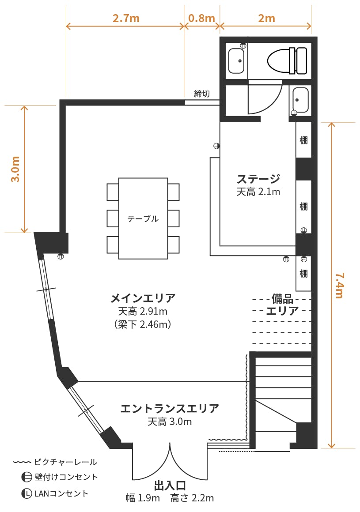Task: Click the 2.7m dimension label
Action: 126,18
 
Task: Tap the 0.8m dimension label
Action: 201,18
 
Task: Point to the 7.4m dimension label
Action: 339,286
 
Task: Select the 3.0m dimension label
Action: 15,169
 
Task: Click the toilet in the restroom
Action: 287,61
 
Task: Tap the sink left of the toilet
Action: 236,61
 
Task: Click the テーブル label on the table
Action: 143,218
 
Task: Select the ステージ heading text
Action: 258,179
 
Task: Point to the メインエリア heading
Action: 143,298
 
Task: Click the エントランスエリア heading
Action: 170,408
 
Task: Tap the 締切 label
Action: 202,94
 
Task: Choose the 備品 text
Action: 283,298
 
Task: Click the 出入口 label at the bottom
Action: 170,486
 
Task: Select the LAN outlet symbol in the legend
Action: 27,493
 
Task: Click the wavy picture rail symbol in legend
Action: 22,462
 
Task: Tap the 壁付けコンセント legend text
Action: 66,477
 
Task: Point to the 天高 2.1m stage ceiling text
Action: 258,192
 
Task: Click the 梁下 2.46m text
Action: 143,324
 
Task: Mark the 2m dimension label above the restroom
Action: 266,18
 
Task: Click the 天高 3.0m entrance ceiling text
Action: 170,422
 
